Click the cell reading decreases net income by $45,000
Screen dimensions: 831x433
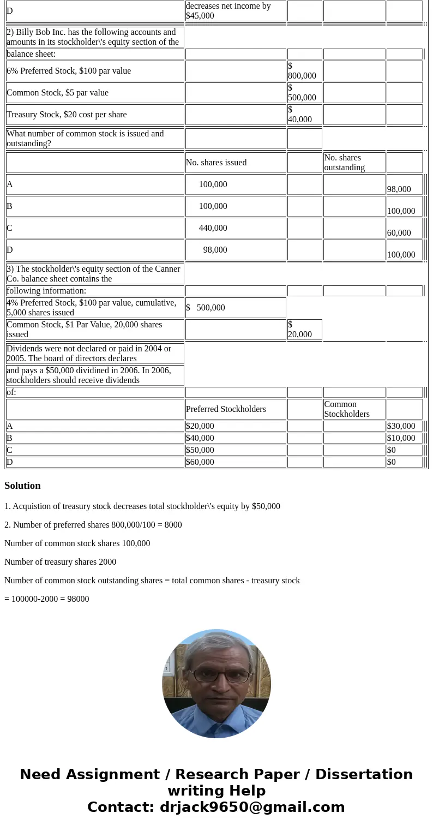[235, 11]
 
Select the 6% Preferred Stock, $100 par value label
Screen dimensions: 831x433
[69, 71]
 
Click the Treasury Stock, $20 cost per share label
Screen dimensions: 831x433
[67, 115]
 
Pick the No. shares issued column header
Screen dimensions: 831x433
[216, 163]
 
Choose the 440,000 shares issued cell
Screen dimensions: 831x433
[213, 228]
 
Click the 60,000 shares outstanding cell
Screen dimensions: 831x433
[399, 232]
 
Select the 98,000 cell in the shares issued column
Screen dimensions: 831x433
[215, 250]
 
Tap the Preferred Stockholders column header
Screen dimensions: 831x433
[226, 409]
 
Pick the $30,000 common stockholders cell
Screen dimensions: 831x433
[401, 426]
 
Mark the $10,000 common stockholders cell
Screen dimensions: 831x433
[401, 438]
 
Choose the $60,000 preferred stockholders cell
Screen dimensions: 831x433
[200, 462]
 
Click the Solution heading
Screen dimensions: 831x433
[22, 486]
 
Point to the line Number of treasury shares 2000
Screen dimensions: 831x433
[60, 562]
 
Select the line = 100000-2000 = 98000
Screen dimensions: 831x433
[46, 599]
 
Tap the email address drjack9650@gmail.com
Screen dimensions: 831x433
[252, 808]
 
